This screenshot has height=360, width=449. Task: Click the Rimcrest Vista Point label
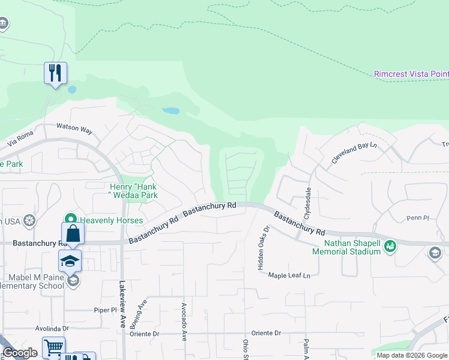pyautogui.click(x=411, y=74)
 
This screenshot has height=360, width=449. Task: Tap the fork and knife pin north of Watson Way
pyautogui.click(x=55, y=74)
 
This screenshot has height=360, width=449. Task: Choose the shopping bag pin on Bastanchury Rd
pyautogui.click(x=73, y=233)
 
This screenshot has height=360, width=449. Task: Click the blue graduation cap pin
pyautogui.click(x=70, y=261)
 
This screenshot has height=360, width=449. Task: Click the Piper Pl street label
pyautogui.click(x=104, y=310)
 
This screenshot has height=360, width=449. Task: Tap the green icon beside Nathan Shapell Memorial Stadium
pyautogui.click(x=390, y=245)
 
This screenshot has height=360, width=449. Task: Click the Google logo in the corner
pyautogui.click(x=20, y=353)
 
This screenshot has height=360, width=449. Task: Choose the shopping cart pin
pyautogui.click(x=53, y=347)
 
